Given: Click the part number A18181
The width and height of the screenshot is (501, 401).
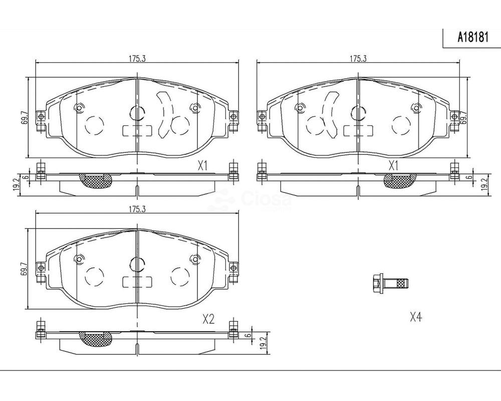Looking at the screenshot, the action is click(x=473, y=38).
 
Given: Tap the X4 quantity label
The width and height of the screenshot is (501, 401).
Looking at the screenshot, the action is click(x=416, y=317).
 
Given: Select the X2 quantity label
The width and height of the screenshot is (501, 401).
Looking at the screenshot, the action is click(x=208, y=319).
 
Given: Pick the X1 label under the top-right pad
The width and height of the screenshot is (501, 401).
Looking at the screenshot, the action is click(x=393, y=166).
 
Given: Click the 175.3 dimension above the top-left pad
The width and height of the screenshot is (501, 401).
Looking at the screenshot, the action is click(x=137, y=59).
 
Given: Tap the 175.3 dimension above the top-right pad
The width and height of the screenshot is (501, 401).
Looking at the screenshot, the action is click(x=358, y=59).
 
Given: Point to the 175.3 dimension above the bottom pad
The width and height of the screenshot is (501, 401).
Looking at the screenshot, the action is click(x=137, y=210).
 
